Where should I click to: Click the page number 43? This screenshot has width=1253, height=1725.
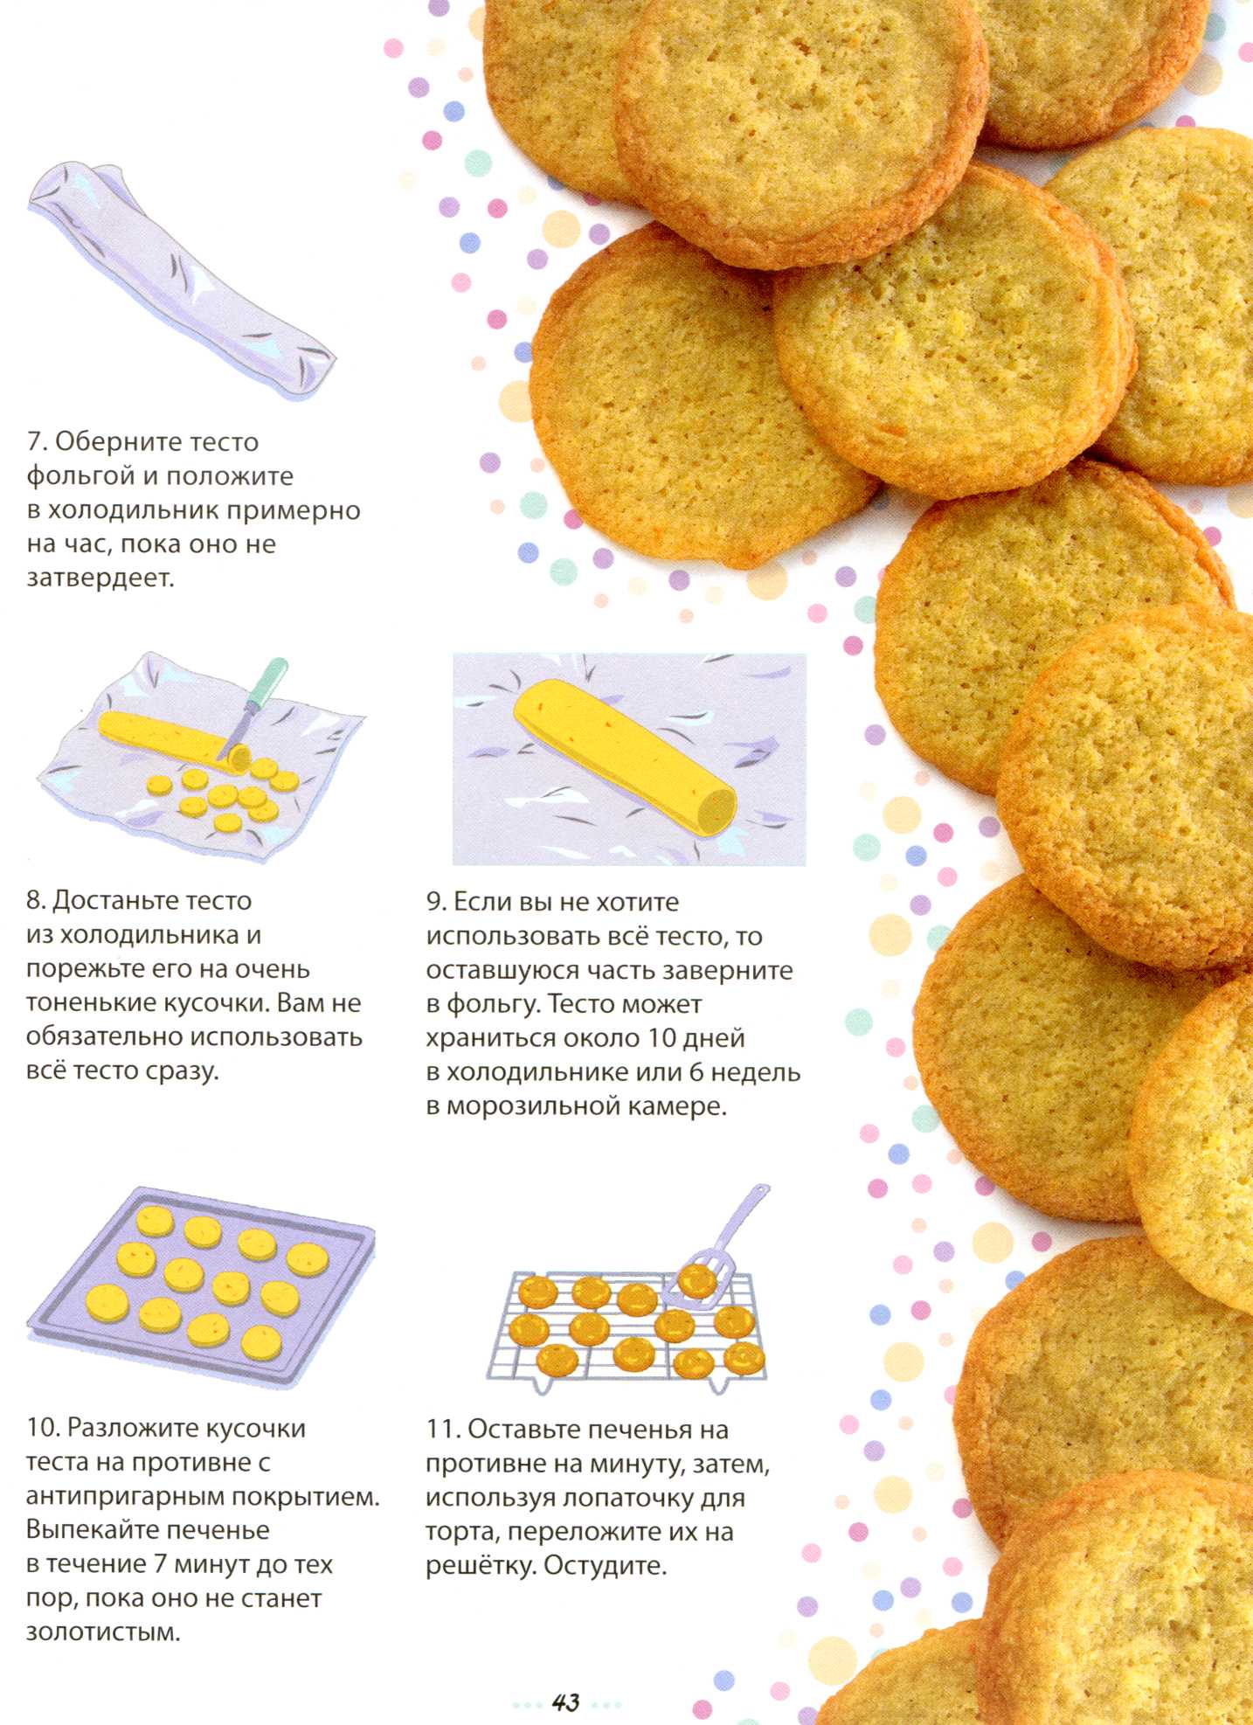pyautogui.click(x=565, y=1701)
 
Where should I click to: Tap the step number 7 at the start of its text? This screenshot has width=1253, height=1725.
pyautogui.click(x=35, y=442)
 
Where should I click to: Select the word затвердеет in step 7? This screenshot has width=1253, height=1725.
pyautogui.click(x=100, y=578)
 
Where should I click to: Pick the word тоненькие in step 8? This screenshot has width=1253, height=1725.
pyautogui.click(x=92, y=1002)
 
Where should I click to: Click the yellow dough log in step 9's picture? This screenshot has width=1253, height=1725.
pyautogui.click(x=624, y=752)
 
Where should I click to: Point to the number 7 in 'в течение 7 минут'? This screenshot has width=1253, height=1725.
pyautogui.click(x=160, y=1564)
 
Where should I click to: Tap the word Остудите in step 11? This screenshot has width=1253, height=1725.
pyautogui.click(x=605, y=1566)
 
